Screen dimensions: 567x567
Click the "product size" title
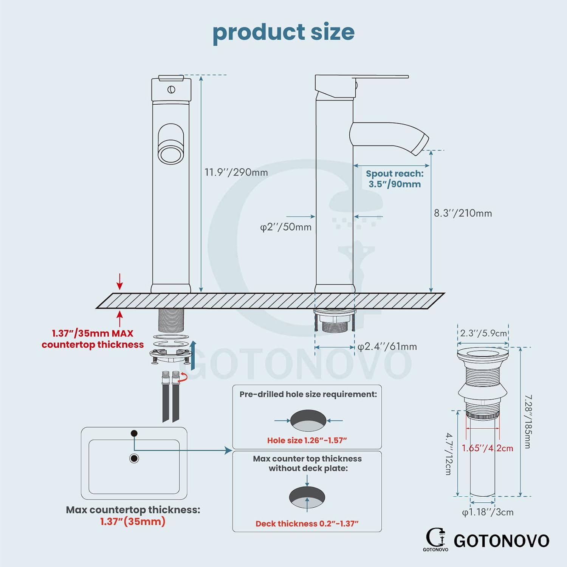(x=283, y=33)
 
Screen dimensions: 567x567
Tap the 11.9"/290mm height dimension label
(x=236, y=172)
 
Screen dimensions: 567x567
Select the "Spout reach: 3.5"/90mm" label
(x=395, y=179)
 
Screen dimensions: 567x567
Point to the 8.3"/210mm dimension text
(x=463, y=213)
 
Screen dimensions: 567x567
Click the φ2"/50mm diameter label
(x=286, y=227)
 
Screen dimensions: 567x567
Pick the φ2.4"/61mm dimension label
(x=387, y=347)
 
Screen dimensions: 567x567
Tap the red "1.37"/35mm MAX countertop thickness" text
(x=93, y=339)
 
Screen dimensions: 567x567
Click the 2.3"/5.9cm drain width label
(x=483, y=333)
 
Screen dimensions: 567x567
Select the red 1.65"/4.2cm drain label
(x=487, y=448)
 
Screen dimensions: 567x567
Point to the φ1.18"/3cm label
(x=488, y=512)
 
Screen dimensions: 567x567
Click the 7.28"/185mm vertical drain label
(x=528, y=421)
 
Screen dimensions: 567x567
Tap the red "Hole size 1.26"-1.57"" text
(x=307, y=440)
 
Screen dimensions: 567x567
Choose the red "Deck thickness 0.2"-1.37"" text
(x=307, y=524)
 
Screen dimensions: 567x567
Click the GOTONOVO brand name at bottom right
(x=501, y=541)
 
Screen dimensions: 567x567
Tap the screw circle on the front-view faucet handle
(x=171, y=90)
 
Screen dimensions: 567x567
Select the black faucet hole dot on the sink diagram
(x=134, y=434)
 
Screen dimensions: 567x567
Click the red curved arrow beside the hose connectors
(x=184, y=376)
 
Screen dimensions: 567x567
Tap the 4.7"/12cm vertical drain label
(x=449, y=454)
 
